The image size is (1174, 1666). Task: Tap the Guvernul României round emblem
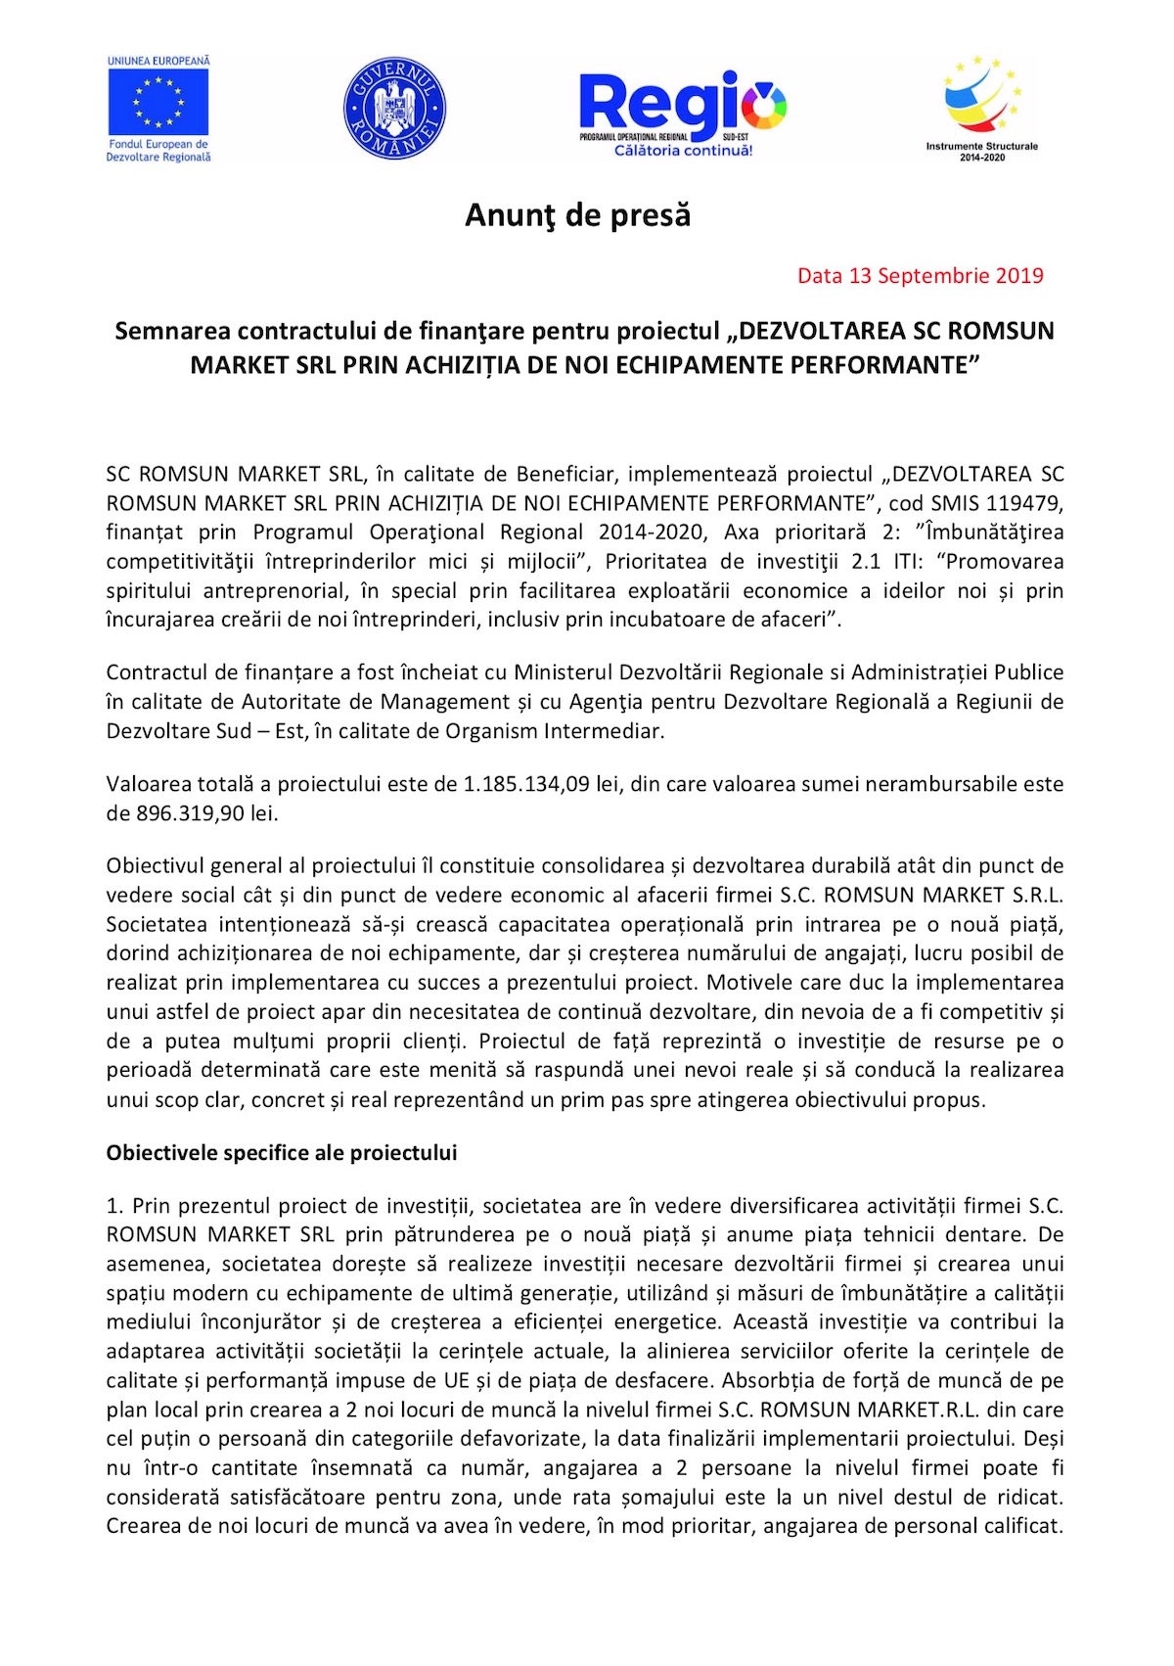pyautogui.click(x=394, y=108)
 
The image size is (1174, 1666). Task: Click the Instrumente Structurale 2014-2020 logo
pyautogui.click(x=981, y=108)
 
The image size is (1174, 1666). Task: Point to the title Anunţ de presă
pyautogui.click(x=577, y=215)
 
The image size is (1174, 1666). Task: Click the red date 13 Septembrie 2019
pyautogui.click(x=920, y=276)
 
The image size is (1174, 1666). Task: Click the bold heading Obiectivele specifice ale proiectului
pyautogui.click(x=282, y=1153)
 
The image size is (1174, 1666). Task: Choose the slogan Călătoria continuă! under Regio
pyautogui.click(x=683, y=151)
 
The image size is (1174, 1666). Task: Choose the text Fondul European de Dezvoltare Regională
pyautogui.click(x=158, y=151)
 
